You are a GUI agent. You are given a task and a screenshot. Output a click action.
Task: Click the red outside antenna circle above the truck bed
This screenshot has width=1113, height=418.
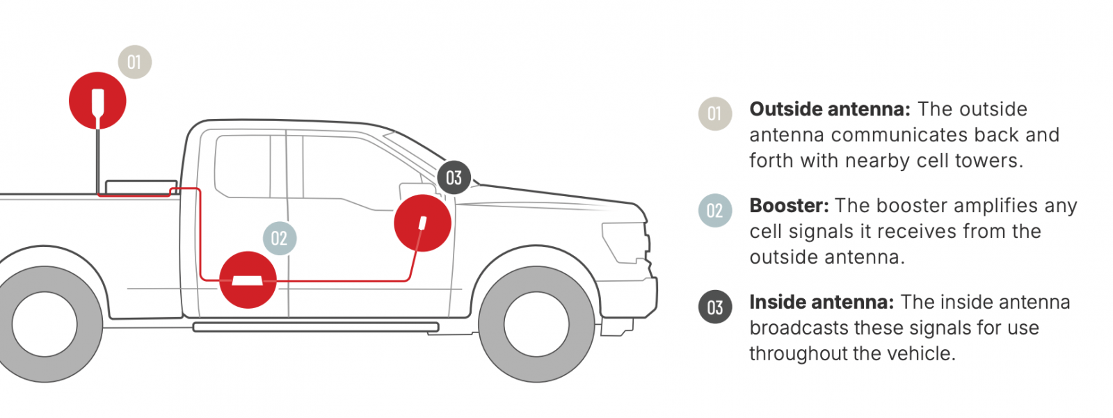tap(97, 101)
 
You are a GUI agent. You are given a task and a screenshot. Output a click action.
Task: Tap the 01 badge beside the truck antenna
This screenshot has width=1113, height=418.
tap(135, 62)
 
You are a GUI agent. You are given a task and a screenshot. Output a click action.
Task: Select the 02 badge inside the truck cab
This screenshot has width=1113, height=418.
tap(280, 239)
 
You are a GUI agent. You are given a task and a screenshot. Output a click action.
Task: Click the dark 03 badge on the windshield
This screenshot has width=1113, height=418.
tap(454, 178)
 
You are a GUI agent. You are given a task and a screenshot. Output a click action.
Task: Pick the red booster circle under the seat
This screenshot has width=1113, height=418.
tap(248, 280)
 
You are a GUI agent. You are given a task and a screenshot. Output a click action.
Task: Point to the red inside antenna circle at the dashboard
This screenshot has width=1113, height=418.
tap(422, 223)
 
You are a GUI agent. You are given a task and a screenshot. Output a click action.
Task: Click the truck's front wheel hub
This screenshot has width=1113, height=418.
tap(536, 324)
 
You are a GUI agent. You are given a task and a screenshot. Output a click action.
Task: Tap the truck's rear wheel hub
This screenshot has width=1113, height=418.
tap(45, 324)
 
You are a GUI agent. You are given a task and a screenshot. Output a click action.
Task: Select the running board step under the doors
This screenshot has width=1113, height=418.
tap(316, 327)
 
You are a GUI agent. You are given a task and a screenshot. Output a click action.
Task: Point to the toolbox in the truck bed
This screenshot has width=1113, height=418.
tap(142, 187)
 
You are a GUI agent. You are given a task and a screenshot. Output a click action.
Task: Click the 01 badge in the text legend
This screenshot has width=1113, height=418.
tap(715, 114)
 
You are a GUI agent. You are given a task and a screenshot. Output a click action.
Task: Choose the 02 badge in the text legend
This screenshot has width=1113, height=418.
tap(715, 210)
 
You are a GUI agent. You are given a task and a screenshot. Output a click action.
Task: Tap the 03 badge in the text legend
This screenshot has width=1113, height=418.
tap(715, 307)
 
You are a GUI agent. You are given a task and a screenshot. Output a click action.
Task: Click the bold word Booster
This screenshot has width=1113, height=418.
tap(790, 205)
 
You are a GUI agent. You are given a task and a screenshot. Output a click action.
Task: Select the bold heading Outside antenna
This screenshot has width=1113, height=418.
tap(830, 109)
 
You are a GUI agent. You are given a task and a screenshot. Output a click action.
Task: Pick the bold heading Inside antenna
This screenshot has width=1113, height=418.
tap(822, 302)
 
